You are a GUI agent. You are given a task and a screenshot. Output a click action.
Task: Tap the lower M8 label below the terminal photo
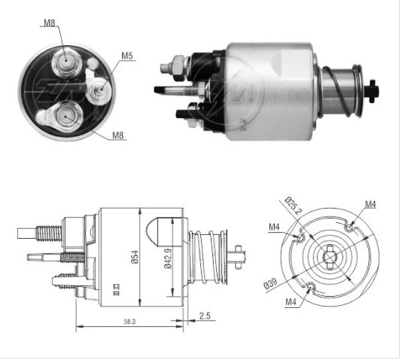118,135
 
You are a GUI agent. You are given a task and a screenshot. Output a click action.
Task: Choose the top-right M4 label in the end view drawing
370,203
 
